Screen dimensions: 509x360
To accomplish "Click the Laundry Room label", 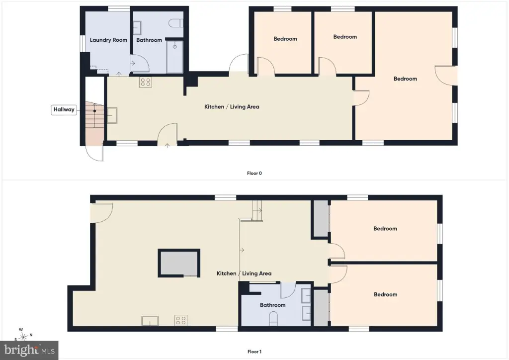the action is pyautogui.click(x=108, y=40).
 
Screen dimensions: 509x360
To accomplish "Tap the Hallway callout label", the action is pyautogui.click(x=64, y=110).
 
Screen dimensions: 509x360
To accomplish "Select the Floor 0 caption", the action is pyautogui.click(x=254, y=174).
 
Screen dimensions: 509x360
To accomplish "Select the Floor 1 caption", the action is pyautogui.click(x=254, y=352).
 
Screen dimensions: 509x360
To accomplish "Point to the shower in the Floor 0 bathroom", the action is pyautogui.click(x=174, y=57).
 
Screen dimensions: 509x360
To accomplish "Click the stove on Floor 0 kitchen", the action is pyautogui.click(x=146, y=82).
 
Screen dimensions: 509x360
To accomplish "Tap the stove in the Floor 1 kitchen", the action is pyautogui.click(x=180, y=320).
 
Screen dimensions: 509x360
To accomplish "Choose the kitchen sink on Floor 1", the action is pyautogui.click(x=150, y=321).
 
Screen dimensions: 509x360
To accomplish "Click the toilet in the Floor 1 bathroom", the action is pyautogui.click(x=274, y=319).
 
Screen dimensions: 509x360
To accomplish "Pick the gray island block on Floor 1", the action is pyautogui.click(x=179, y=263).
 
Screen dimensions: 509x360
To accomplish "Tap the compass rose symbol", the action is pyautogui.click(x=23, y=336).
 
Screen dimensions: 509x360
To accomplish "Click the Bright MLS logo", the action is pyautogui.click(x=29, y=350).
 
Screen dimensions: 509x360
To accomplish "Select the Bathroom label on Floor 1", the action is pyautogui.click(x=273, y=305).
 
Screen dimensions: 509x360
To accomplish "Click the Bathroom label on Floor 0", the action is pyautogui.click(x=149, y=40).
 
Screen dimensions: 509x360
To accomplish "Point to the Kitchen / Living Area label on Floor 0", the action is pyautogui.click(x=232, y=107).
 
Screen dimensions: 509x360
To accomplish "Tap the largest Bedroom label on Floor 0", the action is pyautogui.click(x=405, y=79).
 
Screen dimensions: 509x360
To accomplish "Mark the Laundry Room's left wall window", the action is pyautogui.click(x=83, y=43).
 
